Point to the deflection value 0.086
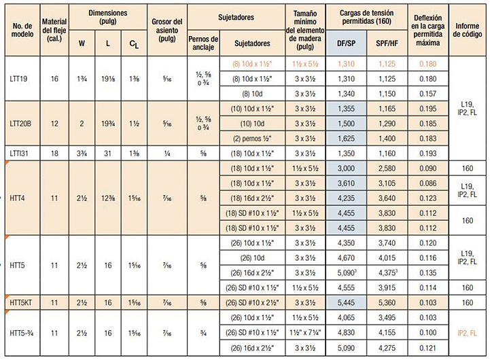[427, 183]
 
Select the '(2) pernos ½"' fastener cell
[252, 138]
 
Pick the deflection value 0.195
[427, 108]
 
